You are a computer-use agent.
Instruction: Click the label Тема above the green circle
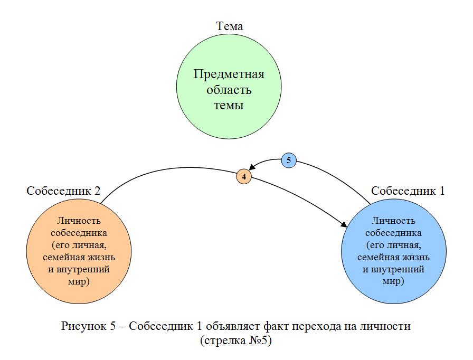229,26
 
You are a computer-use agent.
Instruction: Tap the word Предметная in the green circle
229,74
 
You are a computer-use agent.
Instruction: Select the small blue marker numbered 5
288,160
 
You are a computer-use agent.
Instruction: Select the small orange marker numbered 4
243,177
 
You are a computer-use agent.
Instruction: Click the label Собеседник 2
63,191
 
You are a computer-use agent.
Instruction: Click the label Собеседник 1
408,191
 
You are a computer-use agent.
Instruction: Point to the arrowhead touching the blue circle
344,225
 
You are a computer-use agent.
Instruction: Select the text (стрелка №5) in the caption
235,340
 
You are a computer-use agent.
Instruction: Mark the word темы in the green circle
229,105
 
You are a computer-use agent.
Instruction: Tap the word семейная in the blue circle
375,258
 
